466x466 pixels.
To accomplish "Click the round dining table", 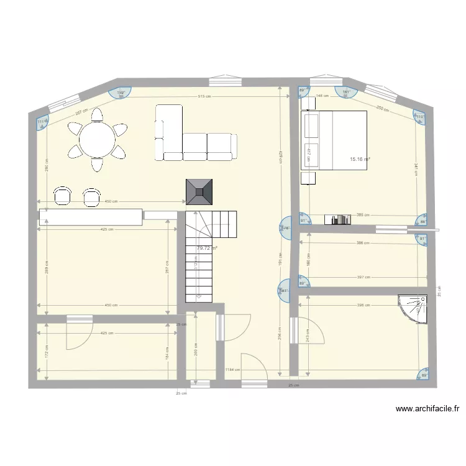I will pos(98,139).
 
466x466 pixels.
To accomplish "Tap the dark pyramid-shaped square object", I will pos(199,193).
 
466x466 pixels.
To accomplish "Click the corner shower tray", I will pos(414,308).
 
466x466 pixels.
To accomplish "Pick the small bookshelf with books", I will pos(339,219).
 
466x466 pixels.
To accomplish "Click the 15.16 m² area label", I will pos(359,160).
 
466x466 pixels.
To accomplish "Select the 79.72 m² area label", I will pos(206,249).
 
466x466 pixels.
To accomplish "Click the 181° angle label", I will pos(347,93).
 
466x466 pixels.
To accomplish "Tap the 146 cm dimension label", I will pos(322,96).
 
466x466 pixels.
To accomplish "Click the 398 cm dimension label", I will pos(363,305).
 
